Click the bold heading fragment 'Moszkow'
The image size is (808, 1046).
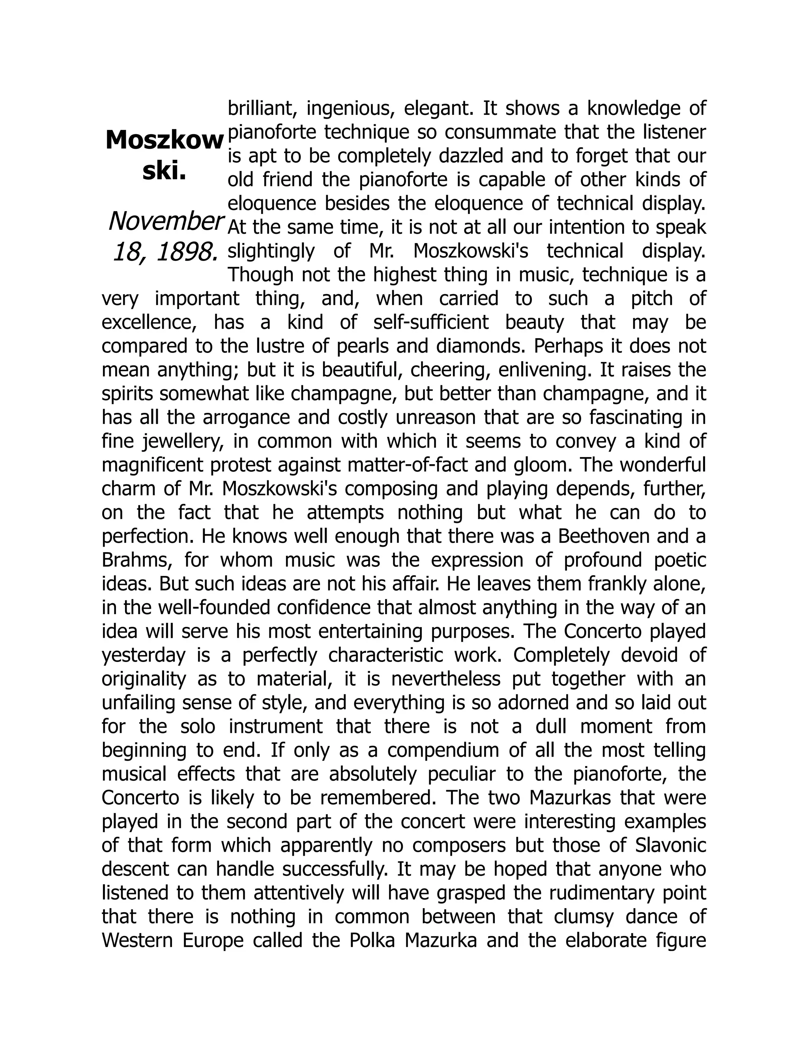(164, 141)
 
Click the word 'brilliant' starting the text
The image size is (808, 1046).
(262, 109)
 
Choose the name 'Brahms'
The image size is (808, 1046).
(137, 560)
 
